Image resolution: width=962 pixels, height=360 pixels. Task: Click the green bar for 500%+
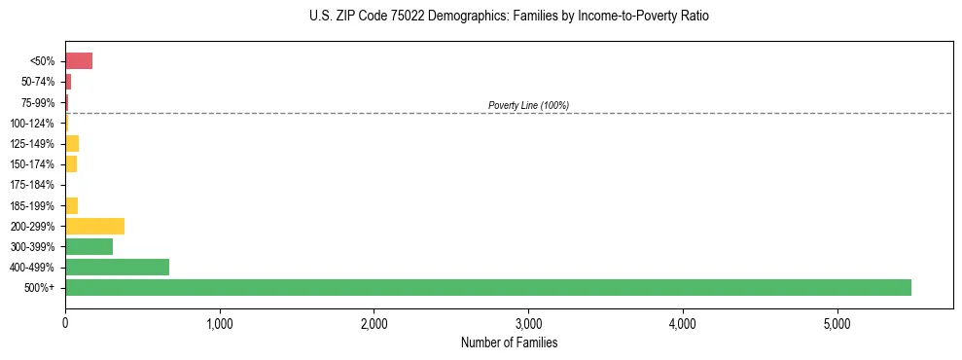(487, 287)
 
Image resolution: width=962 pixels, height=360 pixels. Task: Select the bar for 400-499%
(117, 267)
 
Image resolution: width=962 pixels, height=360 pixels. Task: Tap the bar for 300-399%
(89, 246)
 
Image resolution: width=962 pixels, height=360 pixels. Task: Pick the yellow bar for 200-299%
(94, 226)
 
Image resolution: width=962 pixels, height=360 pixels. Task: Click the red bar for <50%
(79, 61)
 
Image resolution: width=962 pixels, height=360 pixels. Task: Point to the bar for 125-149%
(72, 144)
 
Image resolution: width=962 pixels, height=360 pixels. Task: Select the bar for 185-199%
(71, 205)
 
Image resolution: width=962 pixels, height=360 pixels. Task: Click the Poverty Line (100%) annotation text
(528, 105)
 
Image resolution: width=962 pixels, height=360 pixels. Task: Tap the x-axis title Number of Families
(509, 342)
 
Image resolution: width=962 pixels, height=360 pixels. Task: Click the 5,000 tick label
(837, 323)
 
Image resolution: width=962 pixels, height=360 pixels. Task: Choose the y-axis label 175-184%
(32, 185)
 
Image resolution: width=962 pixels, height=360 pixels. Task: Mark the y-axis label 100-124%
(32, 124)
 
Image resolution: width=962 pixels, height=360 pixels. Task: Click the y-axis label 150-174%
(32, 164)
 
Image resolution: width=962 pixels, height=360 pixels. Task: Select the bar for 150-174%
(71, 164)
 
